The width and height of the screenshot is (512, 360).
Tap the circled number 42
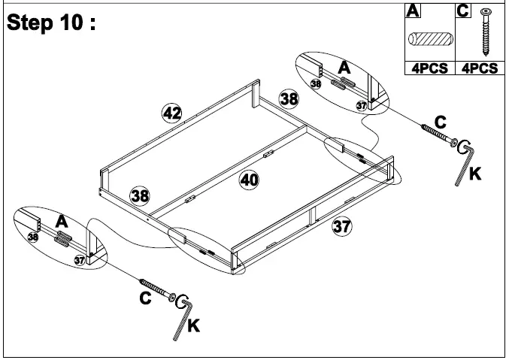pyautogui.click(x=172, y=113)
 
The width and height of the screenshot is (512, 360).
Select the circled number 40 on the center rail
pyautogui.click(x=249, y=180)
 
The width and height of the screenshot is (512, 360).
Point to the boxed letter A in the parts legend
pyautogui.click(x=412, y=11)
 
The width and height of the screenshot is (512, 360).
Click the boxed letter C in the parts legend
pyautogui.click(x=463, y=11)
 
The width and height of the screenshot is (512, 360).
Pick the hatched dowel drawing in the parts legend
pyautogui.click(x=427, y=40)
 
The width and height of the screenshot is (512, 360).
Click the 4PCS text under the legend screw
pyautogui.click(x=479, y=68)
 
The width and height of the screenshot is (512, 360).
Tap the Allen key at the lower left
pyautogui.click(x=183, y=315)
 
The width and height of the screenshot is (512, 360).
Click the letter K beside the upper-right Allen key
pyautogui.click(x=474, y=174)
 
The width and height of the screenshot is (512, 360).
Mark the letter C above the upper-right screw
pyautogui.click(x=440, y=121)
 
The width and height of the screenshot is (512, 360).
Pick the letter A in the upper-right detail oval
pyautogui.click(x=344, y=68)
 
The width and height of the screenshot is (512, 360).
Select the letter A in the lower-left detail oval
pyautogui.click(x=62, y=222)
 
